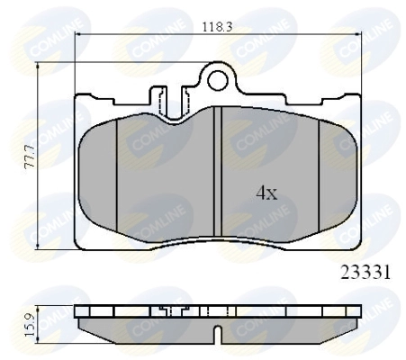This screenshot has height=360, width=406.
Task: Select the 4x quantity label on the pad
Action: coord(265,192)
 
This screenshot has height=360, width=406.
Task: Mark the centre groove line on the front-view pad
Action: coord(220,171)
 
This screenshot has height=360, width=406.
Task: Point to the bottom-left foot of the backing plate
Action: coord(86,243)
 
